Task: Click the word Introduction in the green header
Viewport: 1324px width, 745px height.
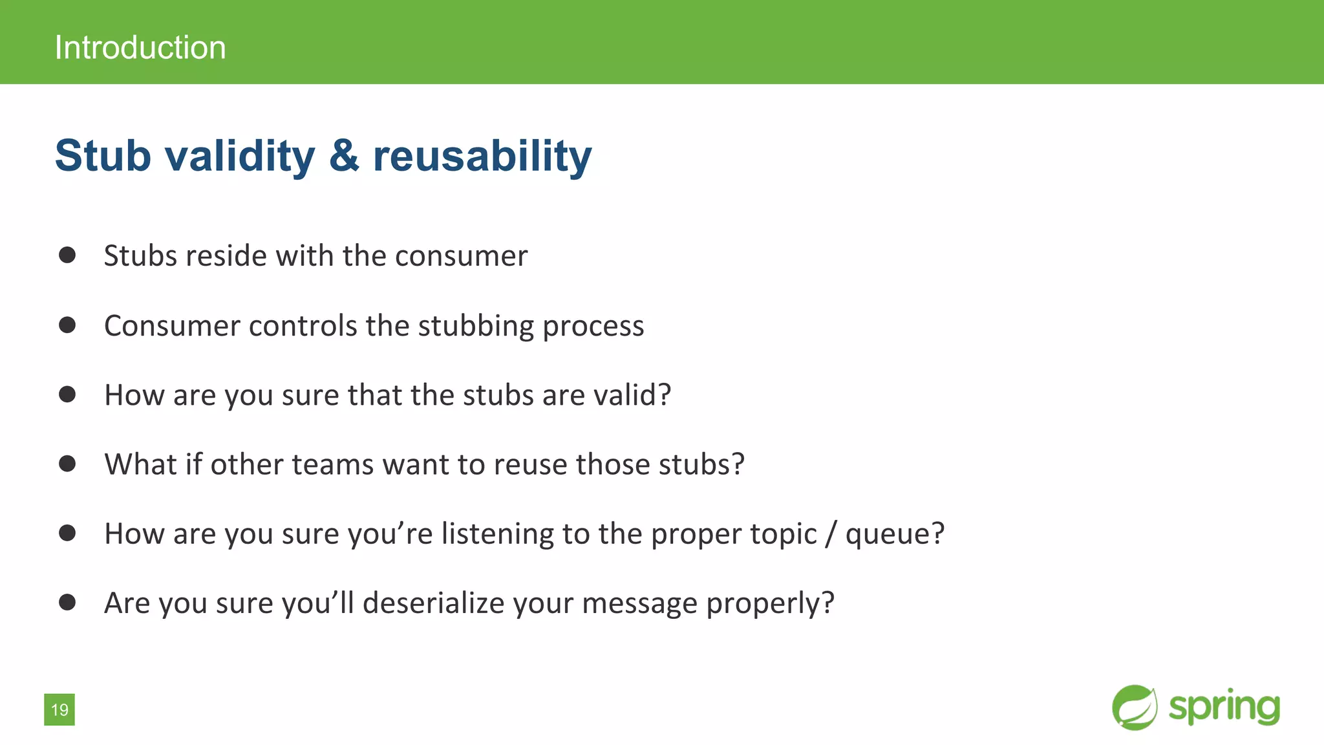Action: tap(140, 48)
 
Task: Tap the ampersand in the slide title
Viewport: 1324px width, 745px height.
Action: tap(344, 156)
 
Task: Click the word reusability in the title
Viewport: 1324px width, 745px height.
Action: tap(482, 156)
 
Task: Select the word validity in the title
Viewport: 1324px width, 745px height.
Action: tap(240, 156)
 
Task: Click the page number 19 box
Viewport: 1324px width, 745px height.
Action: tap(59, 709)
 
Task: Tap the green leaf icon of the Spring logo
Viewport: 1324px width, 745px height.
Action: tap(1135, 707)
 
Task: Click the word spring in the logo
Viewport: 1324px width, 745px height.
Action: tap(1224, 707)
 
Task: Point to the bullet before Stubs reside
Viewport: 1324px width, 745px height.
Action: tap(67, 255)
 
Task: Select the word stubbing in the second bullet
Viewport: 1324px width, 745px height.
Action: tap(476, 326)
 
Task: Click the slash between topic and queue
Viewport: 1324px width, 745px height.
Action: tap(831, 534)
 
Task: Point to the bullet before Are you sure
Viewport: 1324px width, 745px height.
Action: tap(67, 602)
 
